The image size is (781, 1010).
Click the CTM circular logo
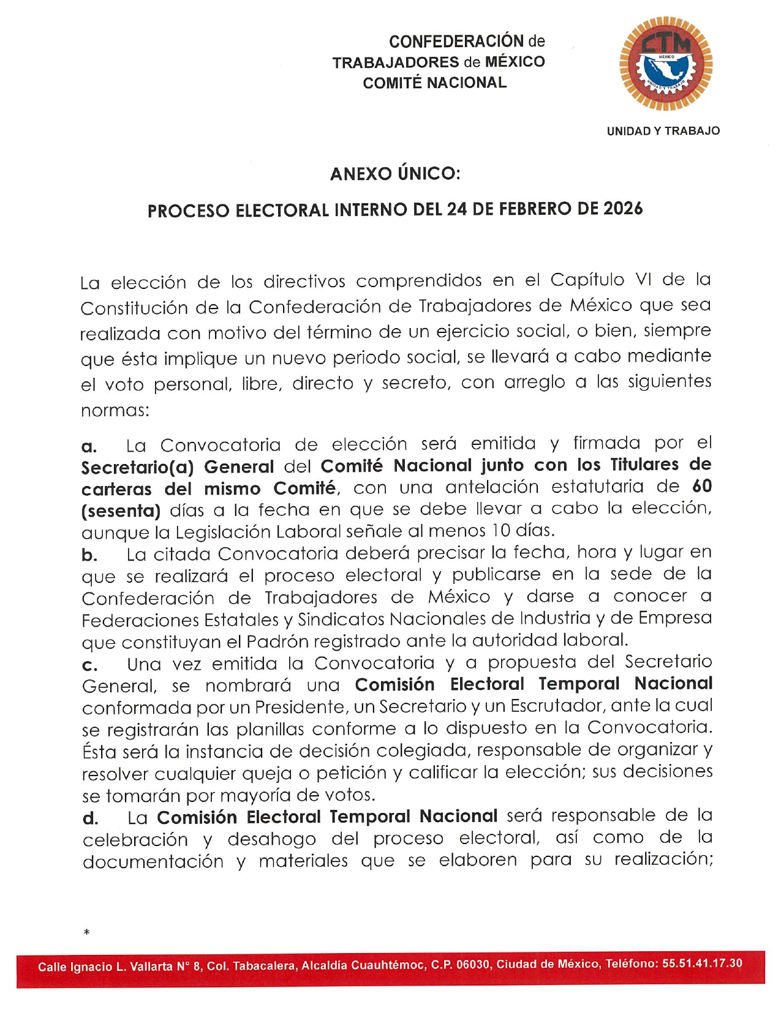tap(666, 64)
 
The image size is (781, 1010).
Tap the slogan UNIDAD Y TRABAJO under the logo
tap(663, 131)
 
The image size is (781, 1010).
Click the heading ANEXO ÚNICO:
tap(395, 174)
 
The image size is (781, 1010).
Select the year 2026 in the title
tap(623, 209)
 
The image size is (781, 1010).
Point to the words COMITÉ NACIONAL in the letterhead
tap(434, 83)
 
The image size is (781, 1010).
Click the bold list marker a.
tap(89, 446)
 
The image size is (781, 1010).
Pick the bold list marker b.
tap(89, 556)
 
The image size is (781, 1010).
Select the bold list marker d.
tap(90, 818)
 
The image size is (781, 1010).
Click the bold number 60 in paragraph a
tap(701, 486)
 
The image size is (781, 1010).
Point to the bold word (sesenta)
tap(121, 510)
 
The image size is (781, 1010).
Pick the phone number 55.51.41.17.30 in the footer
tap(702, 963)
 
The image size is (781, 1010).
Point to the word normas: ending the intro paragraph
tap(115, 410)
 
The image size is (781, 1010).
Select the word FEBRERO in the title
tap(533, 209)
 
